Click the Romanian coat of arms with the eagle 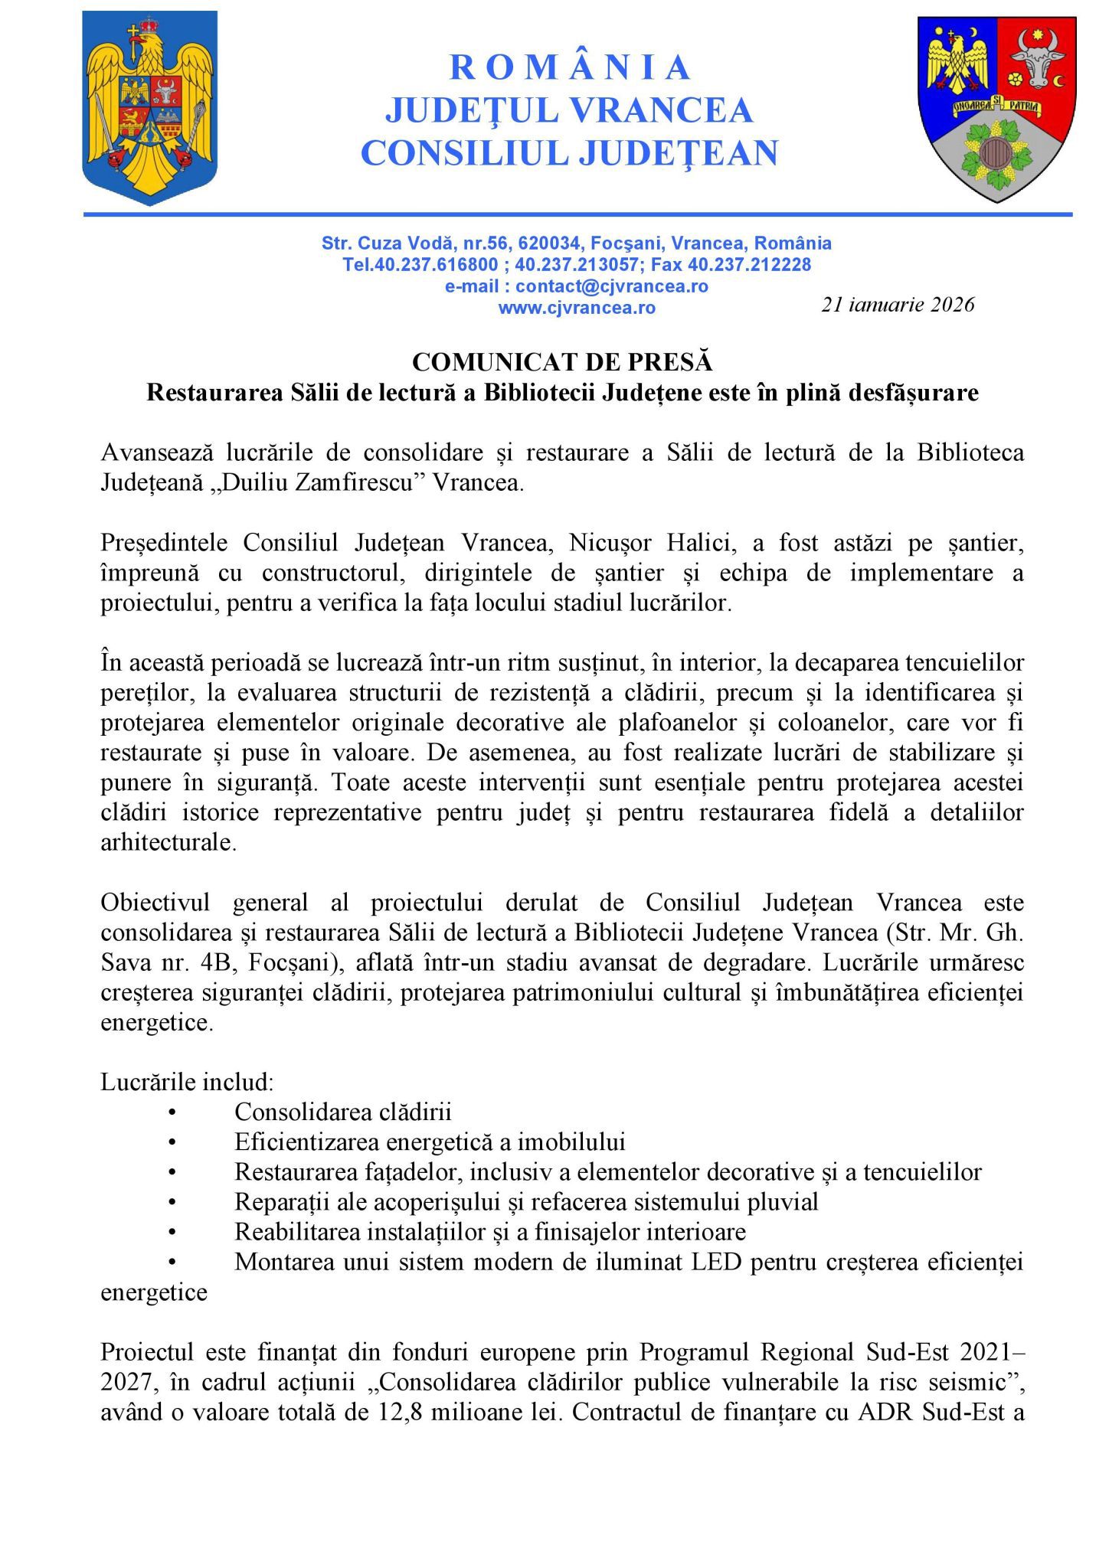149,107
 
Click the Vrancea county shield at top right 995,107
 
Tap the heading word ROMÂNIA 570,67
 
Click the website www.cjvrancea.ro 577,308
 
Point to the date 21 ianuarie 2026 898,305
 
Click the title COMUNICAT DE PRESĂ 562,361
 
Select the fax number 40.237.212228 749,265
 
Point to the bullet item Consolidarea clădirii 342,1112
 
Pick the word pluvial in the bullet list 785,1202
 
